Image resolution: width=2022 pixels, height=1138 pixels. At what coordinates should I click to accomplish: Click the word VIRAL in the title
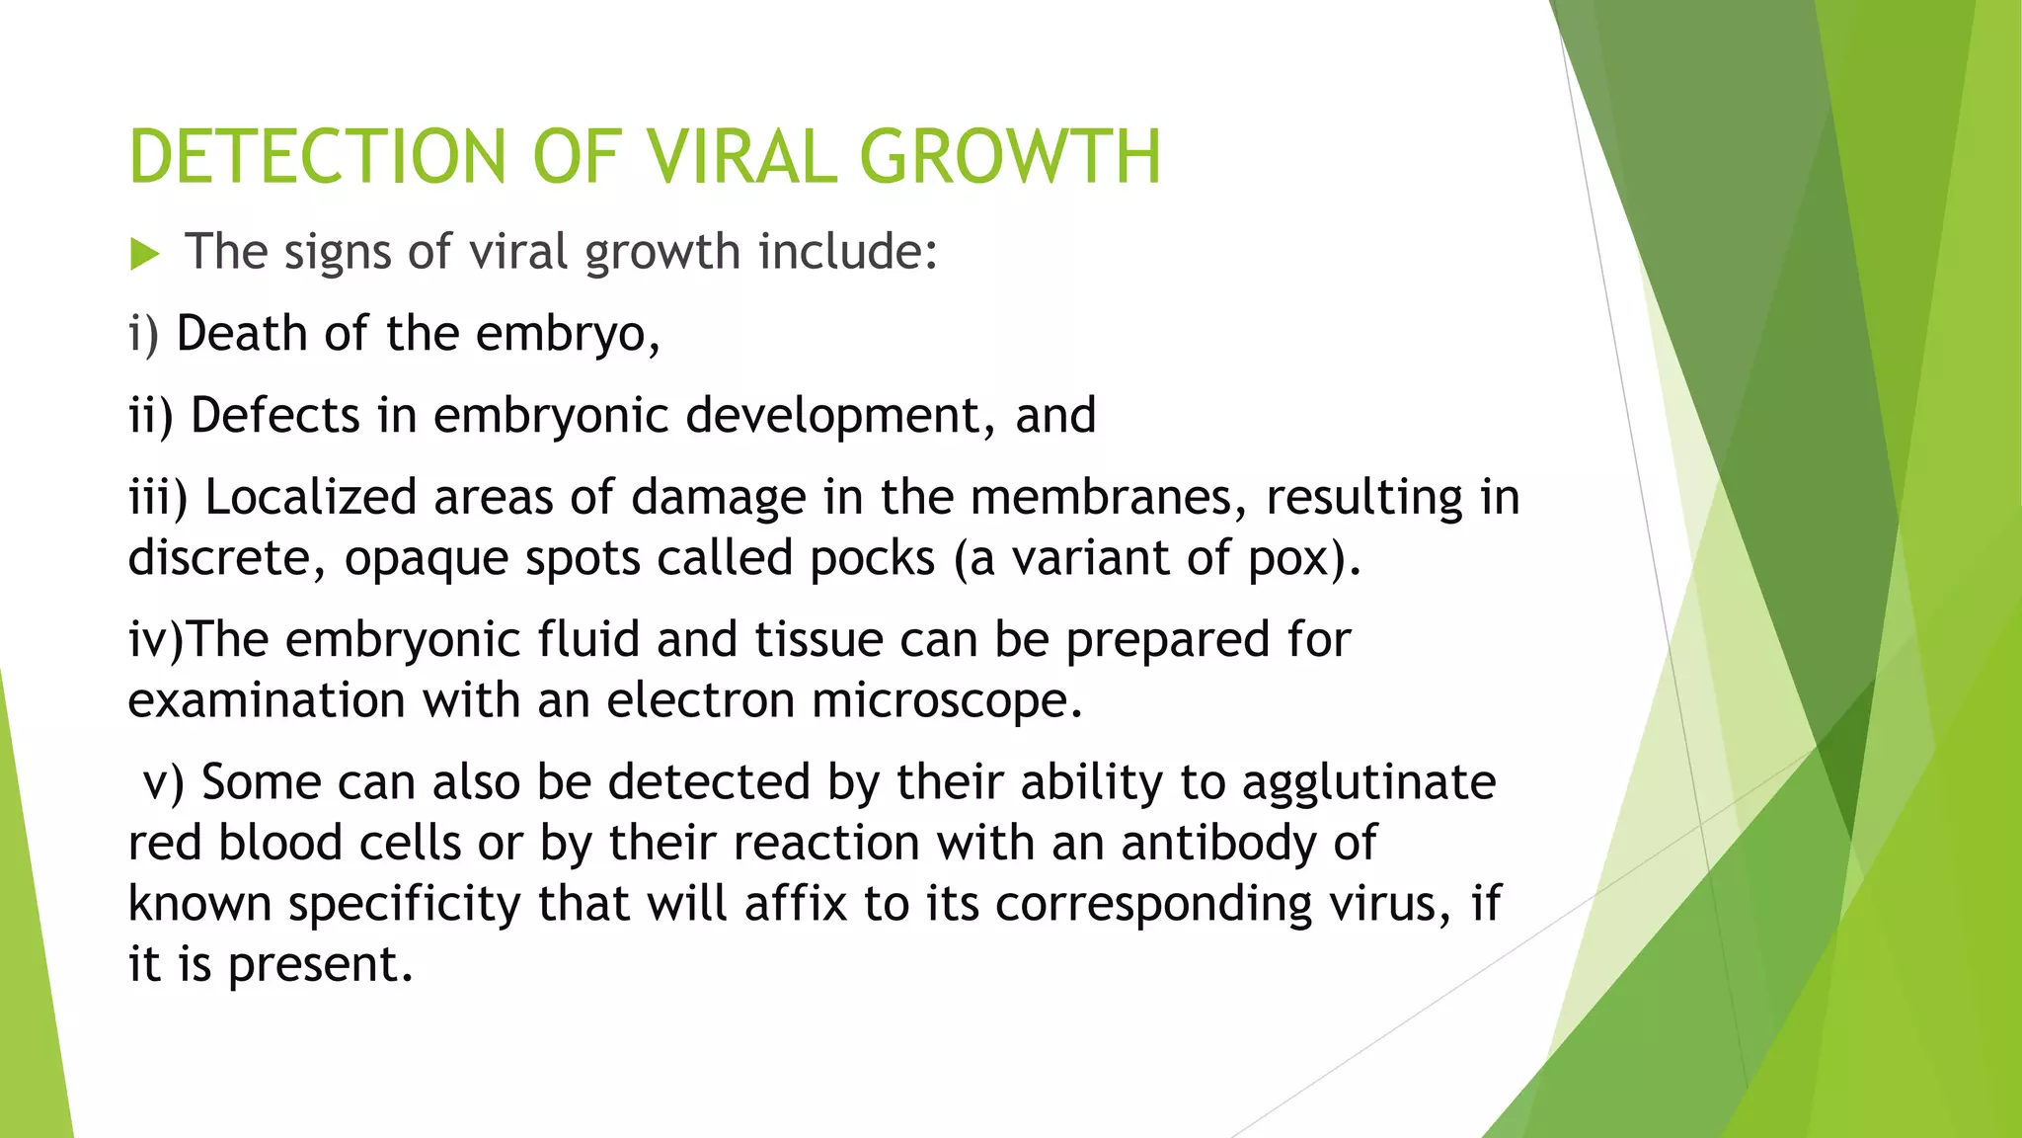point(740,157)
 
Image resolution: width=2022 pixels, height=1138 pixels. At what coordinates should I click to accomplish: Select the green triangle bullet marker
point(144,255)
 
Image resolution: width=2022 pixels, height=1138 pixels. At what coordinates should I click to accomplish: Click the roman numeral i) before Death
point(143,334)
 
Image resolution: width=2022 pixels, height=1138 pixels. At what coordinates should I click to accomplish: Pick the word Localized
point(310,497)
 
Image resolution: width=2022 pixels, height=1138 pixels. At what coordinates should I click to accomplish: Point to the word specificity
point(404,905)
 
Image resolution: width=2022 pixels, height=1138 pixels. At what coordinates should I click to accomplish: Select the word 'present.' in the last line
point(320,966)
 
